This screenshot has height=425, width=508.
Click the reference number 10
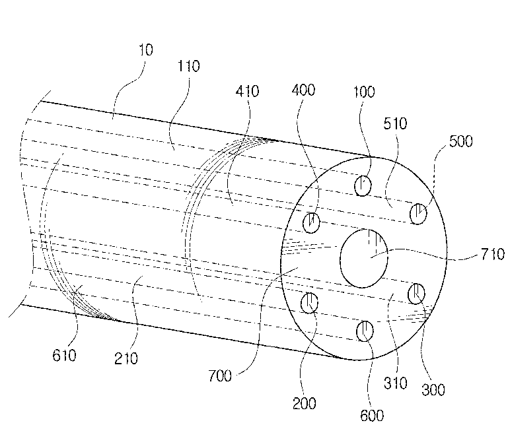pyautogui.click(x=146, y=49)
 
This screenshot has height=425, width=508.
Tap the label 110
pyautogui.click(x=188, y=67)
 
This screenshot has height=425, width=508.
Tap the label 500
pyautogui.click(x=460, y=141)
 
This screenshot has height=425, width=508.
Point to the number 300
pyautogui.click(x=433, y=390)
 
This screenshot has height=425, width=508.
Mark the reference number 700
pyautogui.click(x=219, y=376)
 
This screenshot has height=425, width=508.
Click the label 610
pyautogui.click(x=64, y=356)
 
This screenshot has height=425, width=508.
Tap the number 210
pyautogui.click(x=126, y=358)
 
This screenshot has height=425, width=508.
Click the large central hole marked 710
pyautogui.click(x=364, y=258)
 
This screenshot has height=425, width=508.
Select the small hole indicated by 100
pyautogui.click(x=363, y=186)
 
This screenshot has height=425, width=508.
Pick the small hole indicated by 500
pyautogui.click(x=417, y=214)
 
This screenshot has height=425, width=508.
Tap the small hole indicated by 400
pyautogui.click(x=311, y=223)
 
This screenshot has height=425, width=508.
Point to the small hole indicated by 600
pyautogui.click(x=364, y=331)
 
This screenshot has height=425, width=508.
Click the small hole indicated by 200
pyautogui.click(x=309, y=304)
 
